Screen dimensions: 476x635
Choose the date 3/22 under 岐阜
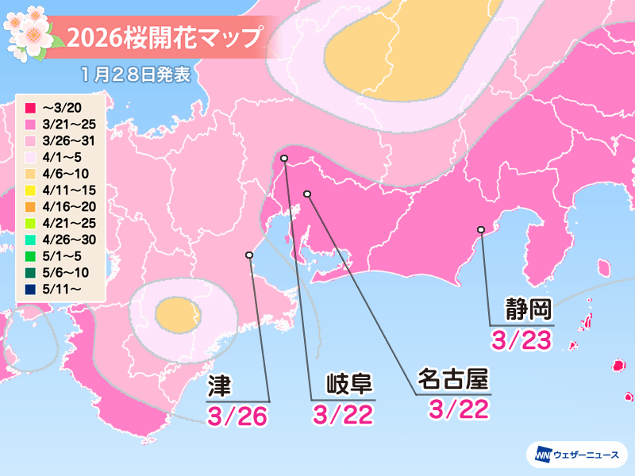click(342, 414)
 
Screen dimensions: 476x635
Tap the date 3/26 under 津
click(235, 414)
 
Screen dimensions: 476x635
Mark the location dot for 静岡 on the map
click(480, 230)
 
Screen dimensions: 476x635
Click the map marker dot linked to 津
click(249, 255)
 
